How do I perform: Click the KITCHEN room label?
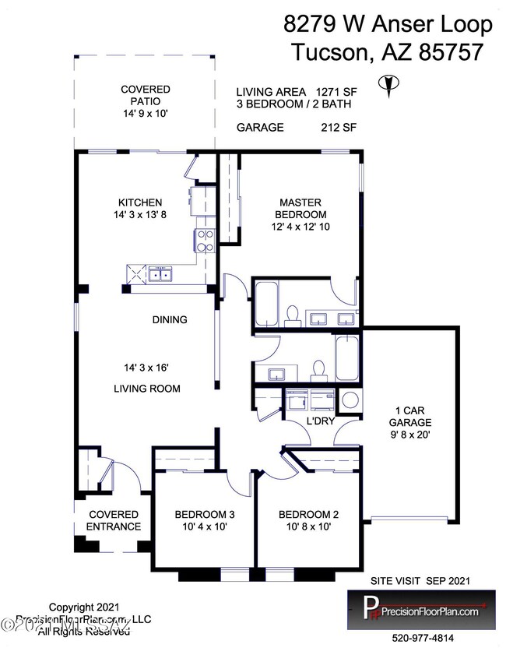(140, 202)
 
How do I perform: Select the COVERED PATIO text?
(145, 96)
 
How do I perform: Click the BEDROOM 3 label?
(204, 515)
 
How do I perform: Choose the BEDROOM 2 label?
(308, 515)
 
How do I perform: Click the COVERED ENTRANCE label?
(114, 520)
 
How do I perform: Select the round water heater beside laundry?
(350, 402)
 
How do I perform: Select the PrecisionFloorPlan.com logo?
(420, 610)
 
